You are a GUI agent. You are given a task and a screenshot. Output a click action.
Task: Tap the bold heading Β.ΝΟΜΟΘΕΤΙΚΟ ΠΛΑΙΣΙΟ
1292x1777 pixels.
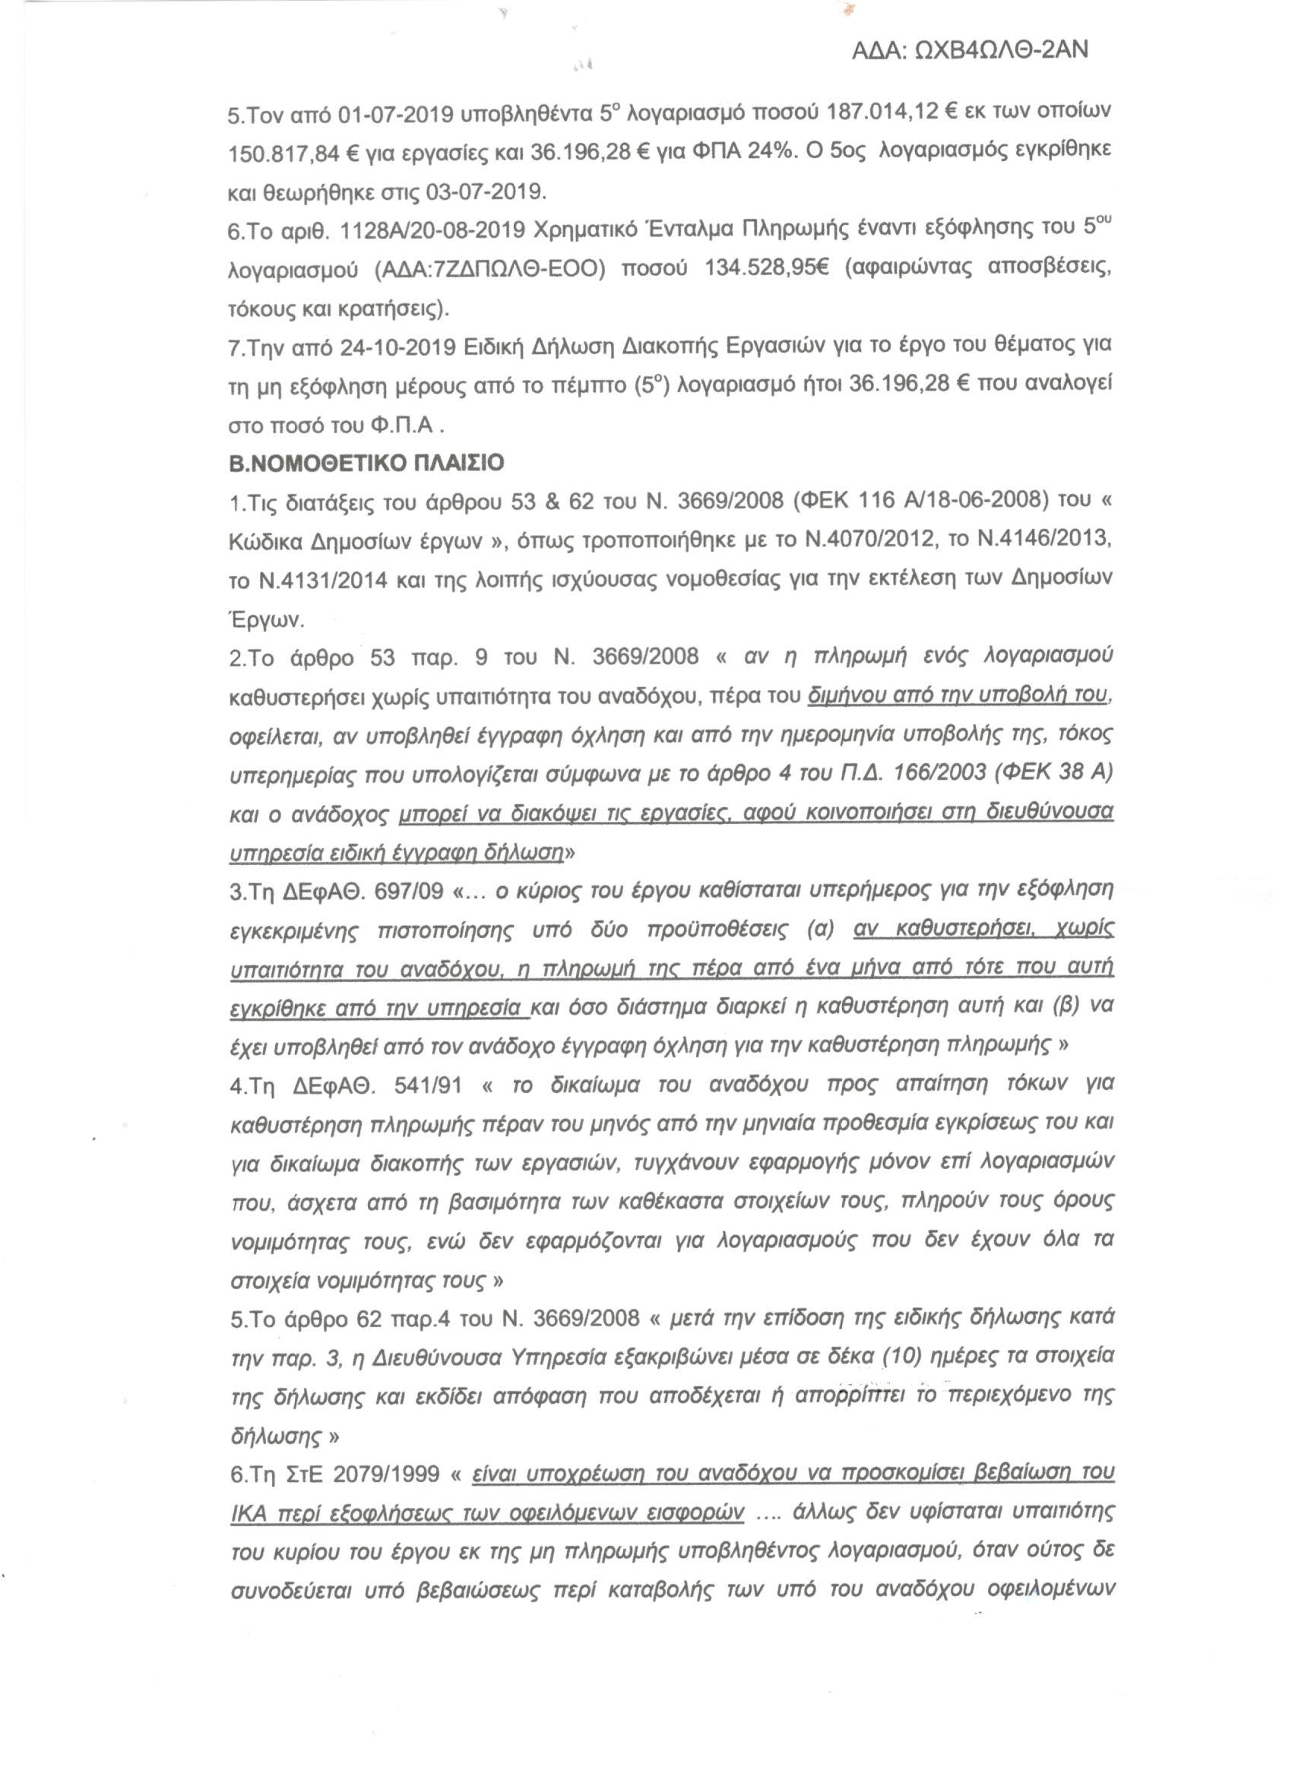pyautogui.click(x=366, y=463)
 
